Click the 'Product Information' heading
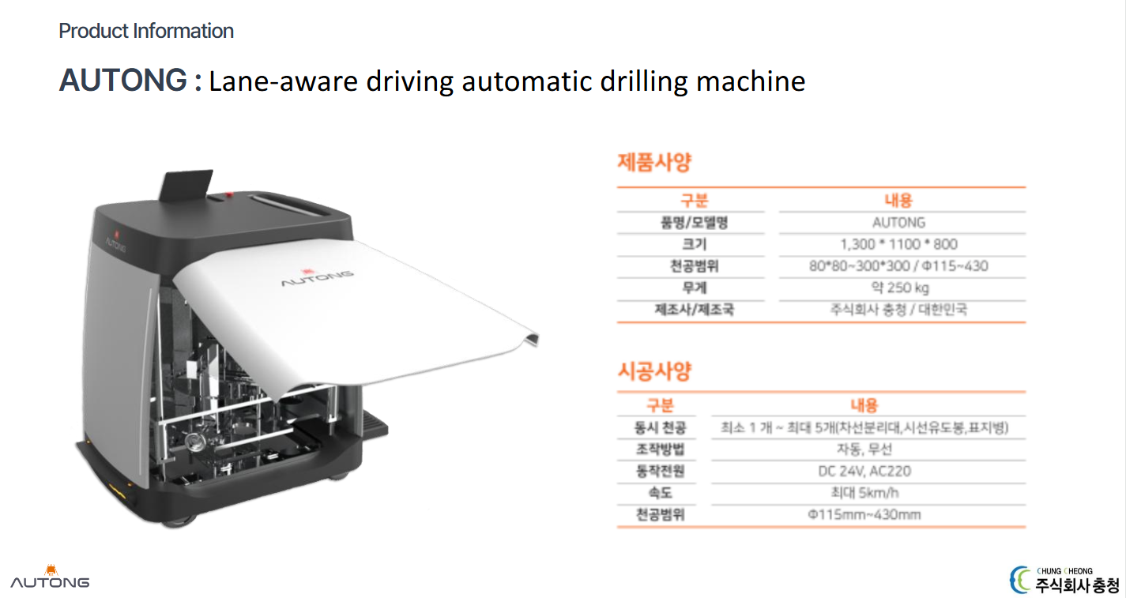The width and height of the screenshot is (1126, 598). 146,31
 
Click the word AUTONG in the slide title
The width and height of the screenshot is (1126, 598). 123,81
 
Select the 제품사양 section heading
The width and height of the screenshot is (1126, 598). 654,162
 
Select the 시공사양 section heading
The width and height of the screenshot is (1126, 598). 654,371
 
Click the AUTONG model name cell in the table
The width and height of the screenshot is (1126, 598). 898,223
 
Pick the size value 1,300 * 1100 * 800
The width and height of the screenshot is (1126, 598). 898,244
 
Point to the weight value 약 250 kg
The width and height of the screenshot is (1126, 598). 900,288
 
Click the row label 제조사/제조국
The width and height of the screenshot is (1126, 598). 695,309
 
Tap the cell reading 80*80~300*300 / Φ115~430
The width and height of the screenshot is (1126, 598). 898,266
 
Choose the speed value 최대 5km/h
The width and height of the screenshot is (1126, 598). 864,492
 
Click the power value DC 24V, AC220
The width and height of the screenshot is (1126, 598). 864,471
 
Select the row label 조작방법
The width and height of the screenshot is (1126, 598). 660,449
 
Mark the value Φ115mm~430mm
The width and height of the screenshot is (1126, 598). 864,514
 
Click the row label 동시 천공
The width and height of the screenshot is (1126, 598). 660,427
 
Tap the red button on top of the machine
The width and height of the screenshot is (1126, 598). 229,194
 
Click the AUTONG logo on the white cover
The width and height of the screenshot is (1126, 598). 317,277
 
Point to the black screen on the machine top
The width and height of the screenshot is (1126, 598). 186,186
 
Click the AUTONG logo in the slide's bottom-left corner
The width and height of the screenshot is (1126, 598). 50,577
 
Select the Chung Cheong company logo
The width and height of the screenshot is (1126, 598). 1064,580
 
